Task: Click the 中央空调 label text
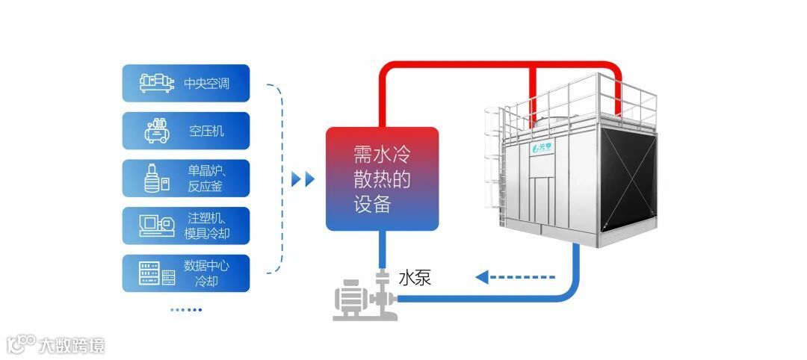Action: [207, 84]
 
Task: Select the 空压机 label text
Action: [207, 131]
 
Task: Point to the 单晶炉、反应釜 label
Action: [207, 179]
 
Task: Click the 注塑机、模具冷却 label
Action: [207, 226]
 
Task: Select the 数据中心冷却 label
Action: [207, 273]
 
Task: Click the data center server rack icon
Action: [157, 273]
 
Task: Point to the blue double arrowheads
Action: [303, 179]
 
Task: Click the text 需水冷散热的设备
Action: [382, 179]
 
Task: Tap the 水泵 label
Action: [415, 279]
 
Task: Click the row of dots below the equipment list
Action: [185, 309]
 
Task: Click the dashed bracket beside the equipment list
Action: [280, 179]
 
